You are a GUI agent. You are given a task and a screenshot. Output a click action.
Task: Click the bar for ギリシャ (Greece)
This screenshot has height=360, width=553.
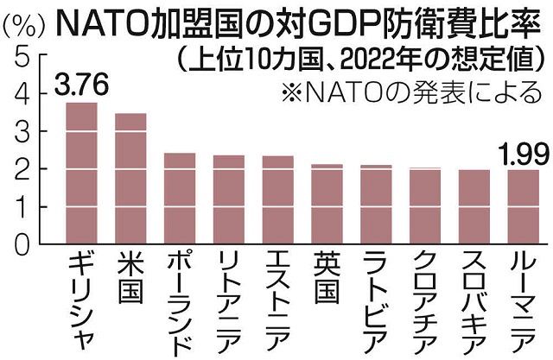(x=82, y=173)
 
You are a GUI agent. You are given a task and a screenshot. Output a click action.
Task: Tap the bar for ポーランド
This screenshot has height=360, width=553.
(x=180, y=199)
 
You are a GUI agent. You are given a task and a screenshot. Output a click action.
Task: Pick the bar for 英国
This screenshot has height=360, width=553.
(x=327, y=204)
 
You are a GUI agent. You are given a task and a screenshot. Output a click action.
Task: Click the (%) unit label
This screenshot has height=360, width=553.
(x=25, y=23)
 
